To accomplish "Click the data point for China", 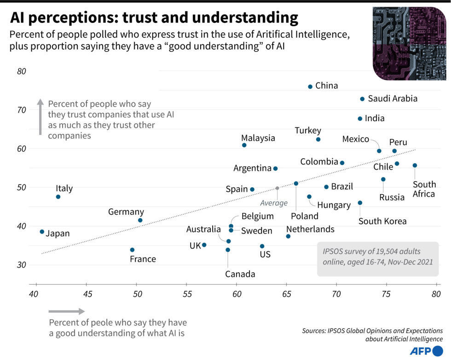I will tap(310, 86).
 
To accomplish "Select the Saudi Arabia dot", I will tap(362, 99).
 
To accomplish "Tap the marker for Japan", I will tap(42, 232).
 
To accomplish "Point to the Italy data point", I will tap(58, 197).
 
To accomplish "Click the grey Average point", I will tap(277, 188).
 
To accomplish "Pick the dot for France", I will tap(132, 250).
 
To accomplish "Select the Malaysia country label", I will tap(258, 138).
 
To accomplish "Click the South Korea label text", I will tap(382, 221).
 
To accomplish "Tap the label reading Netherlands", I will tap(310, 229).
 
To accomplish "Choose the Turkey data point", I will tap(318, 139).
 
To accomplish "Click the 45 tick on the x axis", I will tap(87, 293).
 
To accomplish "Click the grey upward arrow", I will tap(40, 117).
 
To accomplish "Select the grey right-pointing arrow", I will tap(67, 311).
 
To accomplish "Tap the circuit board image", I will tap(409, 43).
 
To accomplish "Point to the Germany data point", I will tap(140, 220).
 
